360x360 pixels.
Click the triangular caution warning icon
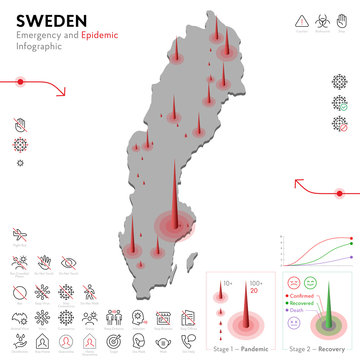pyautogui.click(x=301, y=20)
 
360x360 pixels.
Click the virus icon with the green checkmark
pyautogui.click(x=339, y=102)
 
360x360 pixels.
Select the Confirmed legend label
pyautogui.click(x=304, y=296)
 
